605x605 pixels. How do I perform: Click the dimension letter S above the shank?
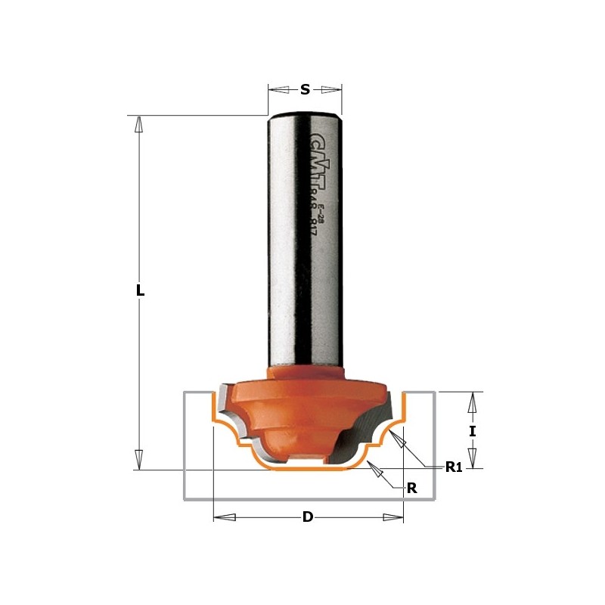click(x=305, y=89)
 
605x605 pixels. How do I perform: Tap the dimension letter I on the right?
click(x=472, y=431)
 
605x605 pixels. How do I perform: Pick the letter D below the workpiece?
click(x=308, y=517)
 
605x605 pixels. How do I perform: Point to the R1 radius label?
click(x=453, y=467)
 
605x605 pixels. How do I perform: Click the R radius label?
click(x=412, y=489)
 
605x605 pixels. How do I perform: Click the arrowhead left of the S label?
click(x=279, y=89)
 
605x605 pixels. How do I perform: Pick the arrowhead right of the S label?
click(x=331, y=89)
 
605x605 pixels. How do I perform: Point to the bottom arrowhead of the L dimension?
click(x=138, y=458)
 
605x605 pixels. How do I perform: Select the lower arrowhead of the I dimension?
click(x=472, y=458)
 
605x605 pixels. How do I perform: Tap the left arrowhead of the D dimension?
click(x=225, y=517)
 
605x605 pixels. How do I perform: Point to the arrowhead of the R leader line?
click(x=374, y=469)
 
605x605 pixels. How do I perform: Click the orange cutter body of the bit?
click(x=302, y=408)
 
